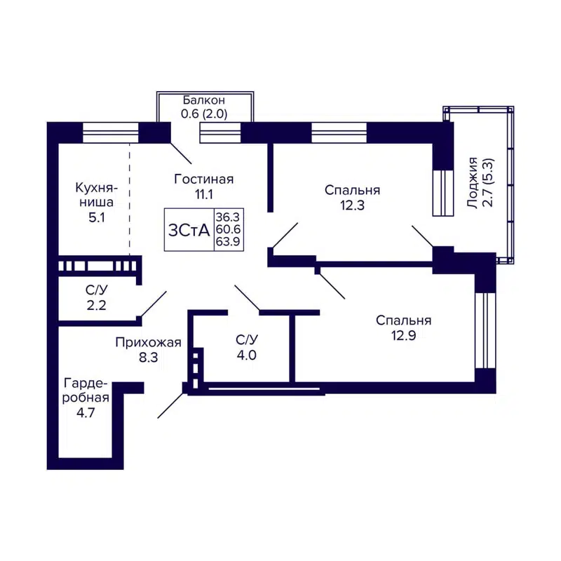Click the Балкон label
pos(204,100)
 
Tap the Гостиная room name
pos(203,179)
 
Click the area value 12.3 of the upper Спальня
pos(352,205)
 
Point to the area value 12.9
pos(403,335)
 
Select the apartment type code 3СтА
pos(189,230)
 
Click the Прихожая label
pos(149,342)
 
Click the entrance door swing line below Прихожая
pos(171,405)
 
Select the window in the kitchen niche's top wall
pos(110,132)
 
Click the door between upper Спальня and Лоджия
pos(423,236)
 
